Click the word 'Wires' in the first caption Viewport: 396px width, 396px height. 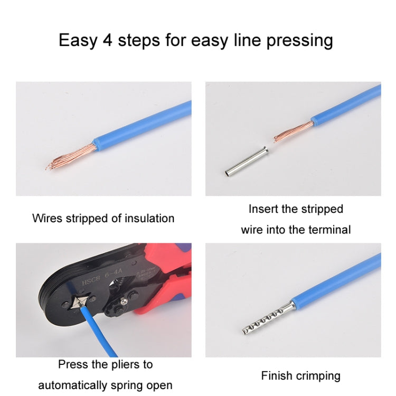(x=46, y=218)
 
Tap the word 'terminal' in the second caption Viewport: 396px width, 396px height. (x=330, y=230)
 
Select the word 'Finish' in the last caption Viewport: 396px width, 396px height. (x=276, y=376)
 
